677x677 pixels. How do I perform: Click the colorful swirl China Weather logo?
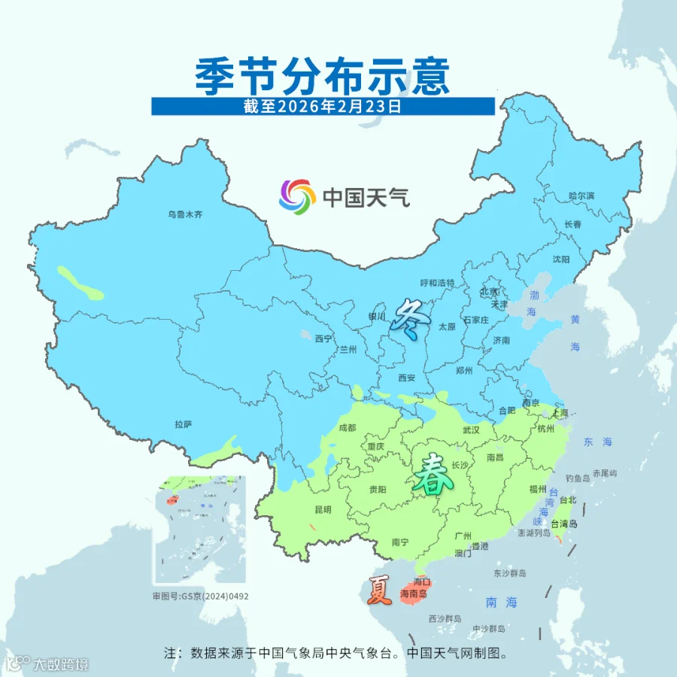point(296,197)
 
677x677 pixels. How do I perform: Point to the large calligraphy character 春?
point(432,474)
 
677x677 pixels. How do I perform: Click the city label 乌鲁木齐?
point(185,214)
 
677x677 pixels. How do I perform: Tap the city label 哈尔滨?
point(581,196)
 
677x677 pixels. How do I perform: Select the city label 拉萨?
point(184,424)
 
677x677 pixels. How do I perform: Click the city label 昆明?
point(322,509)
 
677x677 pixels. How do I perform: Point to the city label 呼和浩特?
point(437,283)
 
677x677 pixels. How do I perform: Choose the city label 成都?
point(348,427)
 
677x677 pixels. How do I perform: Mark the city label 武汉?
point(471,430)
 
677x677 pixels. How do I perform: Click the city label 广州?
point(463,535)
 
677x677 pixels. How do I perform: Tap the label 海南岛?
point(414,594)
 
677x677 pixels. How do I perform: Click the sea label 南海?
point(502,602)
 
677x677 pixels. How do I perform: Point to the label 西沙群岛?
point(445,618)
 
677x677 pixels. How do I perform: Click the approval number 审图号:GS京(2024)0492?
point(200,596)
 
